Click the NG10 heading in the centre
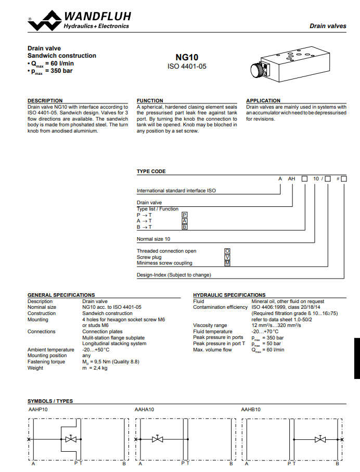click(187, 58)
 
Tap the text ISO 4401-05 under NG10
click(187, 67)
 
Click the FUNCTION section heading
click(150, 101)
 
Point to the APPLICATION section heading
click(263, 101)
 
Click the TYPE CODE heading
click(151, 172)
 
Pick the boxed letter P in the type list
click(184, 215)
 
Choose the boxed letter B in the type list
click(184, 227)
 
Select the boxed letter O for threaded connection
click(227, 251)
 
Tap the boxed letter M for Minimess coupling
click(227, 263)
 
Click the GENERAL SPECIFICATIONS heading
click(61, 295)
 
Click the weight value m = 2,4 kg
click(95, 368)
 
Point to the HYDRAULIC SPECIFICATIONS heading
click(229, 295)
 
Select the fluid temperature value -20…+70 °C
click(265, 332)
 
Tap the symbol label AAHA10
click(144, 410)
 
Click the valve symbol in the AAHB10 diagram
click(320, 440)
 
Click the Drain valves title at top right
click(328, 26)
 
